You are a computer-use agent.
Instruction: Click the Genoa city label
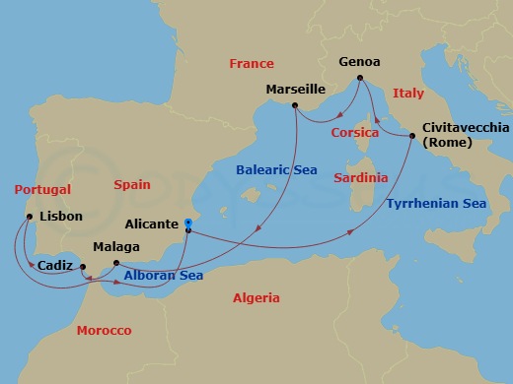pos(359,61)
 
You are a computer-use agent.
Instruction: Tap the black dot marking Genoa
pos(359,78)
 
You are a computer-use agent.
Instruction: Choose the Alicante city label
pos(152,224)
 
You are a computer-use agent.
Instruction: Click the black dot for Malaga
pos(116,263)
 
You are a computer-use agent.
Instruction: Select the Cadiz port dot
pos(83,267)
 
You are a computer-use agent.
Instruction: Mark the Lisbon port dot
pos(30,217)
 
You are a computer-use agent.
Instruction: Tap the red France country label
pos(251,64)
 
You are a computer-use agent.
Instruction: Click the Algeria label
pos(256,298)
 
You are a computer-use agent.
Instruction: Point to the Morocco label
pos(104,331)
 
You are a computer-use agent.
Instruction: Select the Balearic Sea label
pos(277,168)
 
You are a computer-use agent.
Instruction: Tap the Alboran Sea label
pos(164,276)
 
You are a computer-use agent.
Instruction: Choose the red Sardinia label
pos(360,178)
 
